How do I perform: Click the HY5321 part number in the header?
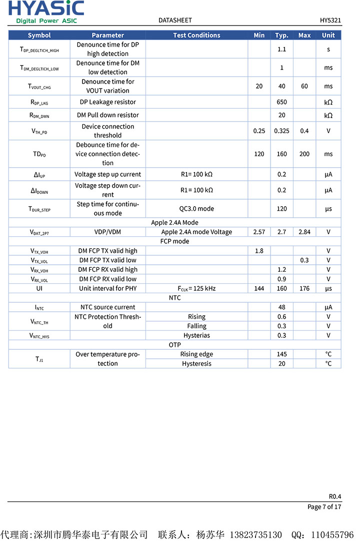click(x=330, y=21)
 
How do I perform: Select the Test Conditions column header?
click(x=196, y=35)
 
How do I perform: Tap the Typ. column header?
click(x=281, y=35)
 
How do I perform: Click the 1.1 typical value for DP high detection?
click(x=281, y=49)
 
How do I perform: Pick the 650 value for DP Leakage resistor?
click(x=281, y=102)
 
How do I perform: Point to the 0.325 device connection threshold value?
click(x=281, y=131)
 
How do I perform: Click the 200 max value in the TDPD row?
click(x=304, y=154)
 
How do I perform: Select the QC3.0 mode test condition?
click(x=196, y=209)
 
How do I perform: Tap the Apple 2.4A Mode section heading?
click(x=174, y=223)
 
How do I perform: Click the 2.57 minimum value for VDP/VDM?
click(x=259, y=232)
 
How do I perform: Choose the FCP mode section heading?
click(x=174, y=241)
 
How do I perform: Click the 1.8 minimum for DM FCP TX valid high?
click(x=259, y=251)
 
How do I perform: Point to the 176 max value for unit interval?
click(x=304, y=288)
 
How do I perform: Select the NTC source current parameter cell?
click(x=107, y=307)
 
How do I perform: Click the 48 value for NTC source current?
click(x=281, y=307)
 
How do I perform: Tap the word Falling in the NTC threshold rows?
click(x=196, y=326)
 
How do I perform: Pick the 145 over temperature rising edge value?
click(x=281, y=354)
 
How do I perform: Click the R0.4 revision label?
click(x=334, y=496)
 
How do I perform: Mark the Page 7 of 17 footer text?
click(x=324, y=507)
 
